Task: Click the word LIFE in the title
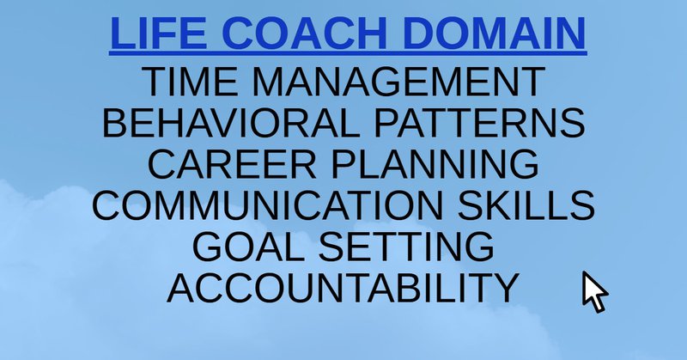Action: (x=158, y=34)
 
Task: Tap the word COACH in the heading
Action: (x=305, y=34)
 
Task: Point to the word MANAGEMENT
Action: (x=398, y=81)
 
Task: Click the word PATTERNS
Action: (x=479, y=122)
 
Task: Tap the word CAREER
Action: (x=232, y=163)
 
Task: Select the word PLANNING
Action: (x=435, y=163)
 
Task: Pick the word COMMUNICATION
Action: (x=268, y=204)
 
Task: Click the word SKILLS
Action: (x=526, y=204)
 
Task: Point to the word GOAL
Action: (x=247, y=247)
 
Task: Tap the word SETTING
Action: (x=406, y=247)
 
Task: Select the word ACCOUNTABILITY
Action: (x=343, y=288)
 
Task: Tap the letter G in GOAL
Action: (x=208, y=247)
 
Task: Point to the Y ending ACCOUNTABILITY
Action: (x=507, y=288)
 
